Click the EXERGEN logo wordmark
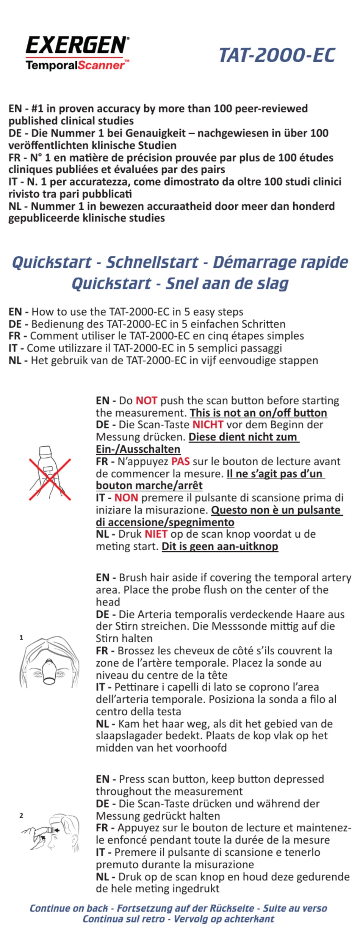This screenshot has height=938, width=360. (77, 45)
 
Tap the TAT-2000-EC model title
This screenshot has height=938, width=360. (277, 55)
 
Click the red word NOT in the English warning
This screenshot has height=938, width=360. (146, 401)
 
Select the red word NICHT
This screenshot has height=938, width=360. (208, 425)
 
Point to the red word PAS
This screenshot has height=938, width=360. (180, 461)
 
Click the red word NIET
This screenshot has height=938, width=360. (156, 534)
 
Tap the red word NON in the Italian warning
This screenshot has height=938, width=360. (126, 498)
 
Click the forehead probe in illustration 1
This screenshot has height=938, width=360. (49, 671)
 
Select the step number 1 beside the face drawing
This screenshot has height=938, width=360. (21, 638)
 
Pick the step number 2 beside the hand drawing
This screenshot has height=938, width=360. (21, 815)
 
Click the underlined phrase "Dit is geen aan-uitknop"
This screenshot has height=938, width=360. (220, 546)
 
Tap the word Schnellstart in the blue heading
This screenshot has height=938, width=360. (152, 262)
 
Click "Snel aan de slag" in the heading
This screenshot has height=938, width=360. (227, 283)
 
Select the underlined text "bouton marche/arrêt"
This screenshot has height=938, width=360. (149, 486)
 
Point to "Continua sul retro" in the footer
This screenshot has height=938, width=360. (124, 919)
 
